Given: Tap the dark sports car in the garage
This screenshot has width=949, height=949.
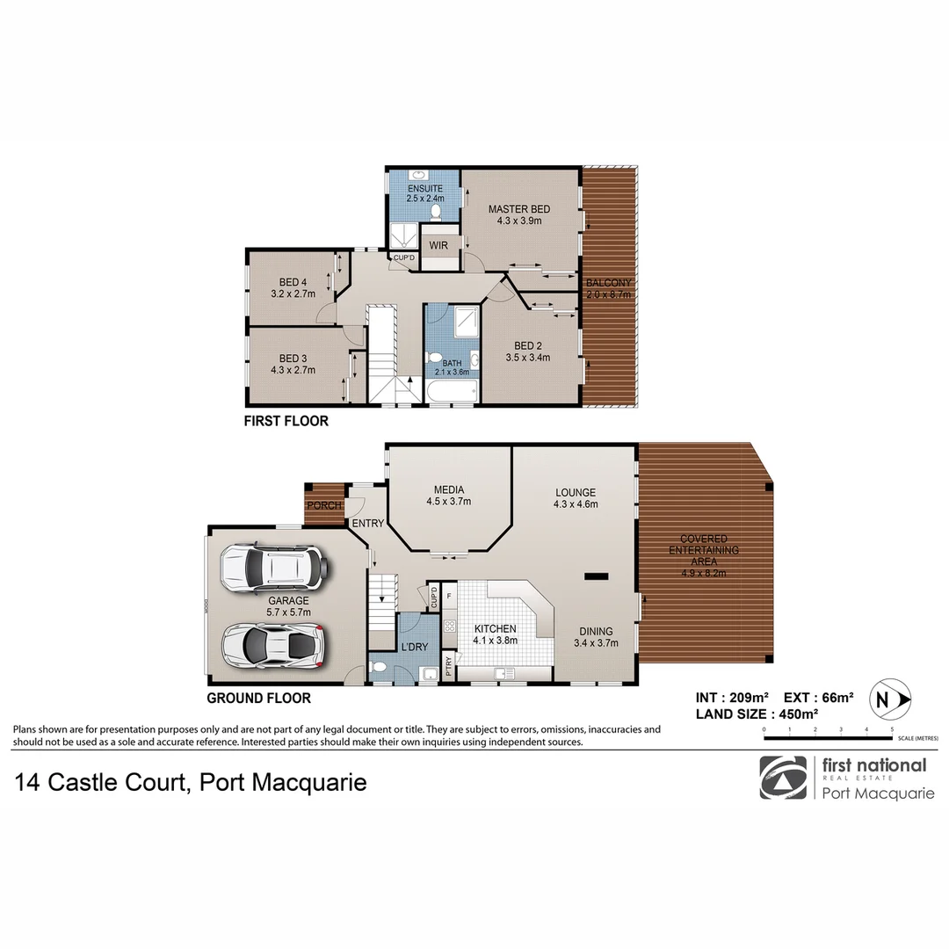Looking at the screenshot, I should coord(273,645).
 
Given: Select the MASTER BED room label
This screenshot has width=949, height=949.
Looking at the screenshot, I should coord(519,209).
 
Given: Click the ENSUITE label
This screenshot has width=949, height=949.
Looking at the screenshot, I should coord(424,189).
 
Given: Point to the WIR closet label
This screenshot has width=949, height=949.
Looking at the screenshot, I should coord(438,245).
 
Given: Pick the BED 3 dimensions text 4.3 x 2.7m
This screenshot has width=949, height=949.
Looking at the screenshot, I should coord(293,370).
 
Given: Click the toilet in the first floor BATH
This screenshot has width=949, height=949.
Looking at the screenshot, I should coord(433,358).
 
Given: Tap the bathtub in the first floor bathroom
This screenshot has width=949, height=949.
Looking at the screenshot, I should coord(452,390).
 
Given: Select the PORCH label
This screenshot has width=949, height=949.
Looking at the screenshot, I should coord(324,505).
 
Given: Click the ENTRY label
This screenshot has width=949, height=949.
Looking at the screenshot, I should coord(367,524).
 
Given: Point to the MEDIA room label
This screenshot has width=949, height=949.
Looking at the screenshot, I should coord(449,490).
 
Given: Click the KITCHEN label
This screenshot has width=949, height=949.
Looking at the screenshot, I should coord(496,629).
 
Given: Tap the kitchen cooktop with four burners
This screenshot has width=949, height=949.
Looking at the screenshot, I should coord(449,627).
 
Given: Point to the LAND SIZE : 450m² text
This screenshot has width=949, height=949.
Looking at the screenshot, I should coord(757,714).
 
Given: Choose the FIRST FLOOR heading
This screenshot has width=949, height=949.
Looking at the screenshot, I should coord(286,421).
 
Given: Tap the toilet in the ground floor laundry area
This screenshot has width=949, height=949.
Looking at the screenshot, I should coord(378,667).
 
